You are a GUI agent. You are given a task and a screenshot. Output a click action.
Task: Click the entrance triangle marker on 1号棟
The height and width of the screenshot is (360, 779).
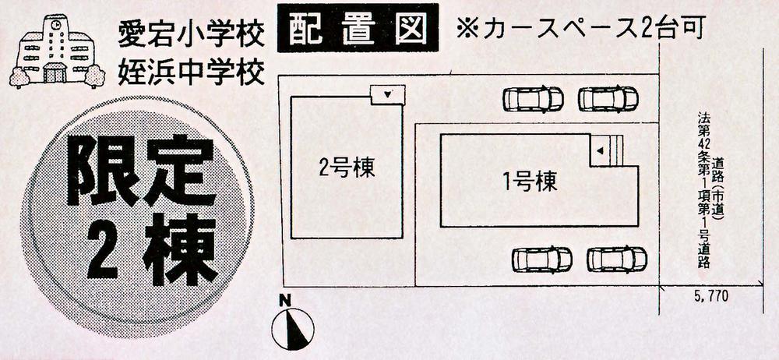pyautogui.click(x=600, y=150)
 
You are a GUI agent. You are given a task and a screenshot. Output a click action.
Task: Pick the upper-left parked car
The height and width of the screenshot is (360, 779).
pyautogui.click(x=533, y=99)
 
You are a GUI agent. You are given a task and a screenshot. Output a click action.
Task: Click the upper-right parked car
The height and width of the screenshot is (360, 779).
pyautogui.click(x=608, y=99)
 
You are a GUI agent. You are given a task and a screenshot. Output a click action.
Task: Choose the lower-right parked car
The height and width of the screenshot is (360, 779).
pyautogui.click(x=617, y=259)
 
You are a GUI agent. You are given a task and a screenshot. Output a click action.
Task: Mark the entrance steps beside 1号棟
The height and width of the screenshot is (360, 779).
pyautogui.click(x=616, y=150)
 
